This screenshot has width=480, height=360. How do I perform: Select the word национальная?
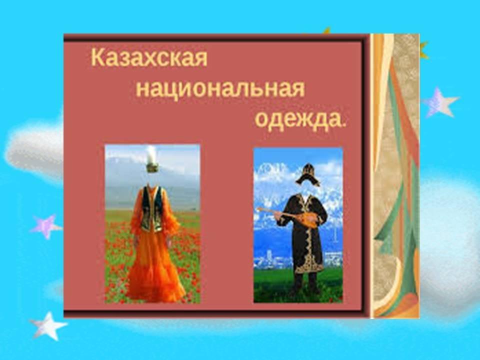(x=220, y=89)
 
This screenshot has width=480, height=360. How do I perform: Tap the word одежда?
(x=298, y=119)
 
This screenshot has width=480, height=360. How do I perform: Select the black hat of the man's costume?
(x=307, y=175)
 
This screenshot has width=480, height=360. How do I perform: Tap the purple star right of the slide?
(x=440, y=102)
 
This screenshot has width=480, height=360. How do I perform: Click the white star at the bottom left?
(x=48, y=326)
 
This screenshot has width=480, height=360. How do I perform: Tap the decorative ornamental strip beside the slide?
(x=395, y=176)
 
